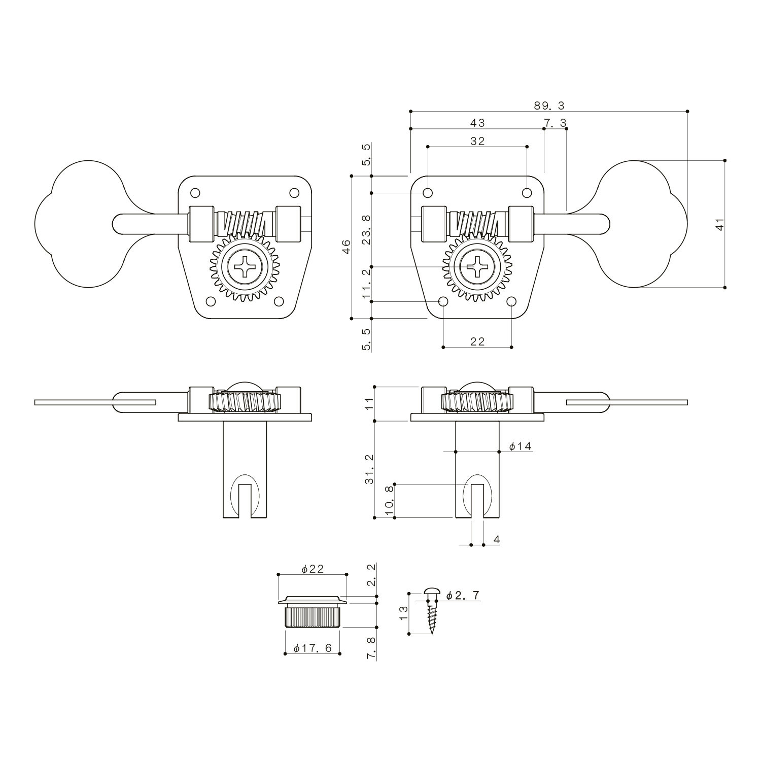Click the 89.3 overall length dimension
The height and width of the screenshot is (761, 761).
pos(549,106)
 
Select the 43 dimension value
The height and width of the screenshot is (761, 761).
pos(477,123)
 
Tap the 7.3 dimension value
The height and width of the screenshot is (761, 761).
pos(555,123)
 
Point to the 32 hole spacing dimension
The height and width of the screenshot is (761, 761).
pos(477,141)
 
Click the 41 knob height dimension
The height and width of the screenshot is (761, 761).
pos(719,224)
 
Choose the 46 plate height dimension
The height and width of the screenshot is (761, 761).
pos(347,247)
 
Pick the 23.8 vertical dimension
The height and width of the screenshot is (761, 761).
pos(367,229)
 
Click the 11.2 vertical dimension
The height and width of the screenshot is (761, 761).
pos(367,284)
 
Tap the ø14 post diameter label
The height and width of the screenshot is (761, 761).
pos(520,446)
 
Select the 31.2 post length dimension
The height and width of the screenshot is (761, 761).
pos(369,469)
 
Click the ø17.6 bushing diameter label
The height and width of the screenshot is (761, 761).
pos(313,648)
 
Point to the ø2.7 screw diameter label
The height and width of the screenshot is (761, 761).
pos(463,596)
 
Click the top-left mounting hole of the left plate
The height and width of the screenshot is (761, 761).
pos(195,193)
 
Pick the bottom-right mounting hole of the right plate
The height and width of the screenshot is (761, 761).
pos(511,302)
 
